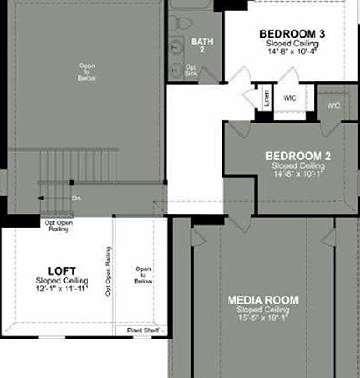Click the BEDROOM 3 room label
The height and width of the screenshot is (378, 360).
[292, 34]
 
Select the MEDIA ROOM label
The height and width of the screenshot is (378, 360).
[263, 300]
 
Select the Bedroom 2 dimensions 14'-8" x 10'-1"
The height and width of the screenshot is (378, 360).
[300, 174]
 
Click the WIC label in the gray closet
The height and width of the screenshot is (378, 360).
[333, 106]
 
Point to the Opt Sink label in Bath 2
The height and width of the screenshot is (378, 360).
[190, 70]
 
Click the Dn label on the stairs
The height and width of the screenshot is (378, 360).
[76, 199]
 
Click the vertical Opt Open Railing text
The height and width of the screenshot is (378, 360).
[109, 271]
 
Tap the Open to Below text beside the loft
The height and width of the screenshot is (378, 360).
[142, 276]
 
